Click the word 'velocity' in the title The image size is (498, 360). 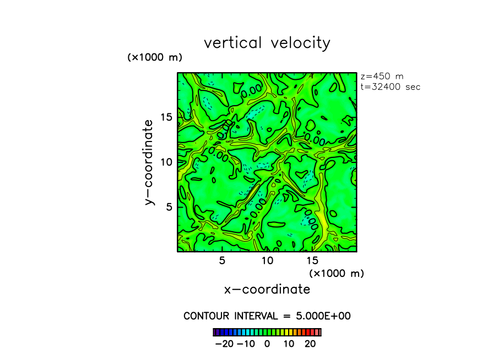[x=300, y=43]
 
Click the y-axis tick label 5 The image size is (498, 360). [x=170, y=206]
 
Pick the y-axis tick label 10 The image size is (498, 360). [x=167, y=162]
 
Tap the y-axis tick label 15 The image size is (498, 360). [x=167, y=117]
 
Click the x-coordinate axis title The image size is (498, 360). [x=267, y=289]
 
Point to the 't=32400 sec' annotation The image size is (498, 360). [x=390, y=86]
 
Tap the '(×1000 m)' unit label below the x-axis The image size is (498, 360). [x=336, y=273]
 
